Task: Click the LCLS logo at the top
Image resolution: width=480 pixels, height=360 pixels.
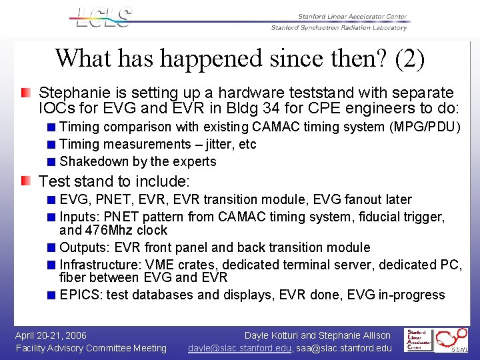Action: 103,17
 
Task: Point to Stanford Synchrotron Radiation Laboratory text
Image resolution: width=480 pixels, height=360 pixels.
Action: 339,28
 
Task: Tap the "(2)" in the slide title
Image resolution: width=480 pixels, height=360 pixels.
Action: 409,59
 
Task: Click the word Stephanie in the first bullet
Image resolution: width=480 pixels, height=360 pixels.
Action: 71,93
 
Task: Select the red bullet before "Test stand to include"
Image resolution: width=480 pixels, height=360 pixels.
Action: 25,181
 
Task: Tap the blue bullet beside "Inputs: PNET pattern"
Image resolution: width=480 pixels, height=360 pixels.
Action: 51,217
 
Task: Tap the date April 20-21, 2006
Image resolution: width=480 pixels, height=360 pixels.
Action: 51,335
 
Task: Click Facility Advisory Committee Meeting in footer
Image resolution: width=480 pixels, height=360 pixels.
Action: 91,348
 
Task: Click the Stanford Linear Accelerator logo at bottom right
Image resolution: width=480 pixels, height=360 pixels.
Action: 417,340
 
